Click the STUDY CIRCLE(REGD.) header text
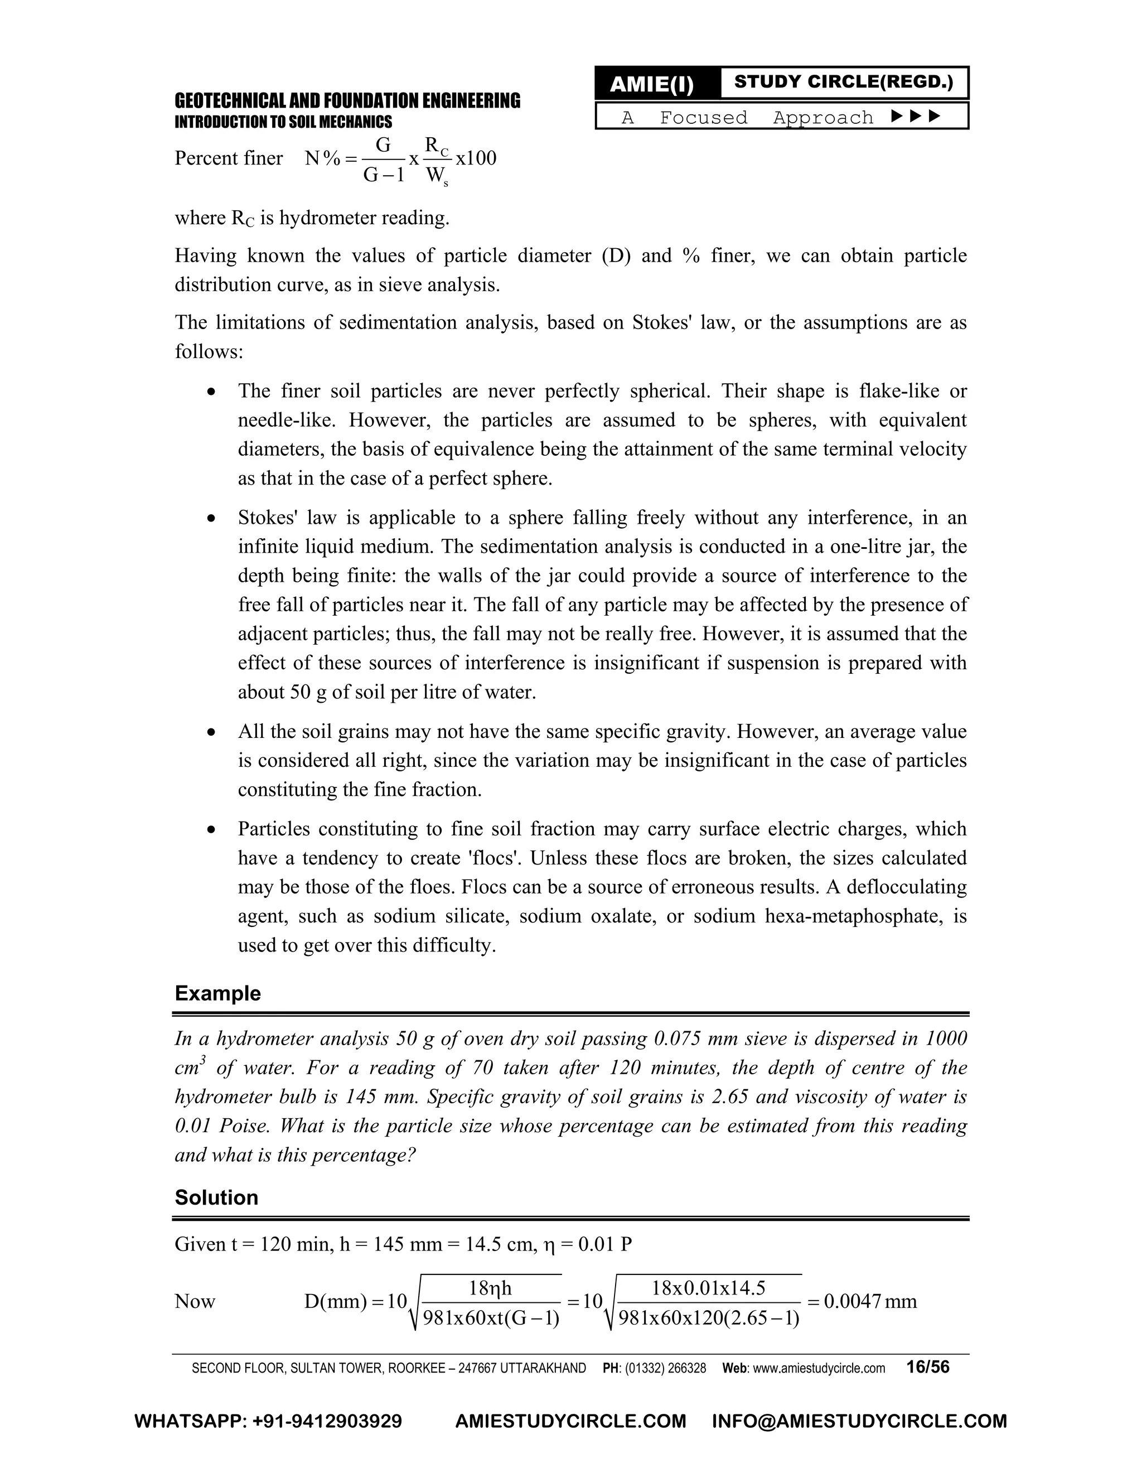[x=843, y=82]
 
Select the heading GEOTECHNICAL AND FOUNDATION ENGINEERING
[x=347, y=101]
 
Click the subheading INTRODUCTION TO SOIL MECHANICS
[x=283, y=122]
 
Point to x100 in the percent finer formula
[x=476, y=158]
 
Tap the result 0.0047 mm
[x=870, y=1301]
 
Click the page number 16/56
[x=927, y=1367]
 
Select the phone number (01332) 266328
[x=665, y=1368]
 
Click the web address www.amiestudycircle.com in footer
[x=819, y=1368]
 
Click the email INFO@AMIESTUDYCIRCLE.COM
[x=859, y=1421]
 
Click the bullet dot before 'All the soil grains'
[x=212, y=732]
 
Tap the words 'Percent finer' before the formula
[x=229, y=158]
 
